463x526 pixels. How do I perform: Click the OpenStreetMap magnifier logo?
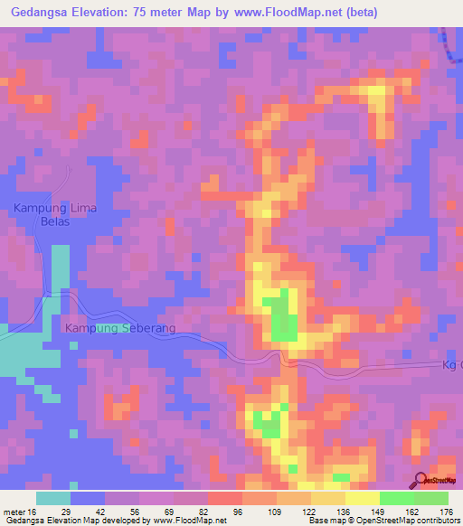coord(421,480)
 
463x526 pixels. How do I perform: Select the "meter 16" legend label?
coord(17,511)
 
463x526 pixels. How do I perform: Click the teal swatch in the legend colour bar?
coord(53,498)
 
